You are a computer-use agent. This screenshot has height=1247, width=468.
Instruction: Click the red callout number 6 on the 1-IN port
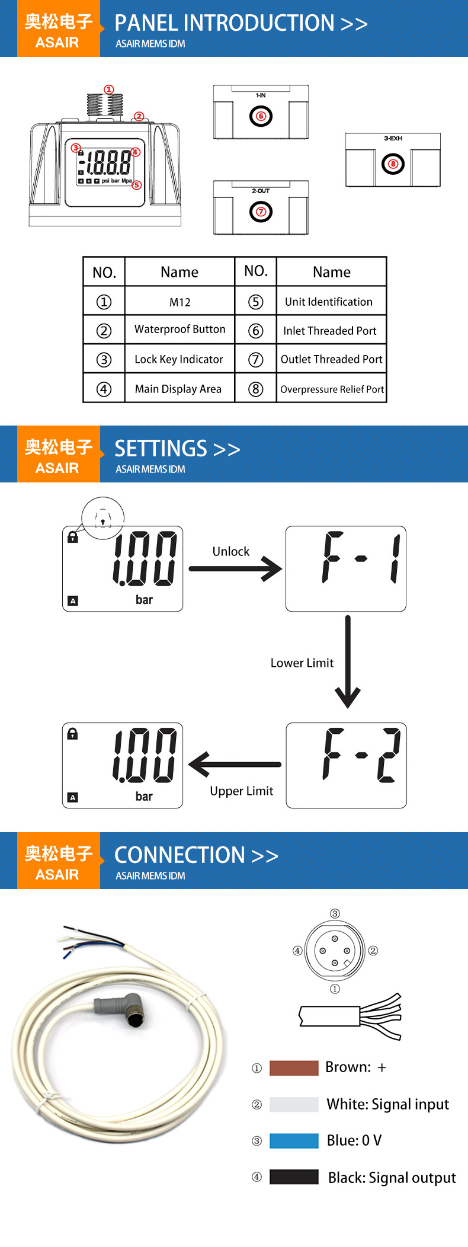[x=261, y=116]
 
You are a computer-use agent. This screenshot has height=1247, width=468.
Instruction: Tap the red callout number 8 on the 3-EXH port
[x=393, y=164]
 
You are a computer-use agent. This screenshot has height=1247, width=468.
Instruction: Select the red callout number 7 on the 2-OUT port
[x=261, y=212]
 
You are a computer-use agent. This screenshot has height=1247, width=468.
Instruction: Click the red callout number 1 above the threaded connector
[x=109, y=89]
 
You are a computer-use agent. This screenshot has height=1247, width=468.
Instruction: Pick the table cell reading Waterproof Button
[x=180, y=329]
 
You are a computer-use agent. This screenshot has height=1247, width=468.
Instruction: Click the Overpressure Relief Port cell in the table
[x=332, y=389]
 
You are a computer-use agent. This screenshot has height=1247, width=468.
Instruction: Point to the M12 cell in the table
[x=180, y=302]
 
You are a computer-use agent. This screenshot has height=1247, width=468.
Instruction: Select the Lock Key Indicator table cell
[x=180, y=359]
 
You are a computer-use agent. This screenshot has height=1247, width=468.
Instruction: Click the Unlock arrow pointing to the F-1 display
[x=235, y=569]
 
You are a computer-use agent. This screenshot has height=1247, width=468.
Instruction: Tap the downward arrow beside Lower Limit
[x=348, y=661]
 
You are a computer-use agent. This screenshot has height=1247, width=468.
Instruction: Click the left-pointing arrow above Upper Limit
[x=235, y=765]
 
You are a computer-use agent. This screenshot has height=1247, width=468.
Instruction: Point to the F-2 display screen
[x=347, y=765]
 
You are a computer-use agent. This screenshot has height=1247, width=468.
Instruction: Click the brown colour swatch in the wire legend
[x=294, y=1068]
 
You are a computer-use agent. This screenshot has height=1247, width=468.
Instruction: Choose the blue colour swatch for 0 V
[x=294, y=1141]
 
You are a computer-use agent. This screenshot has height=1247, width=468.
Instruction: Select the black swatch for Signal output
[x=294, y=1177]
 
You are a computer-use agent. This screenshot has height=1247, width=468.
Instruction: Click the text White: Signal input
[x=388, y=1104]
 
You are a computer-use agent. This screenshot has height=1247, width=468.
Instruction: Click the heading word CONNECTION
[x=179, y=855]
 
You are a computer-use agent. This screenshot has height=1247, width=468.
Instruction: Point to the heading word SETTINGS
[x=161, y=449]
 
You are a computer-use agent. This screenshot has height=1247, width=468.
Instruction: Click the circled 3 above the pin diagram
[x=335, y=913]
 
